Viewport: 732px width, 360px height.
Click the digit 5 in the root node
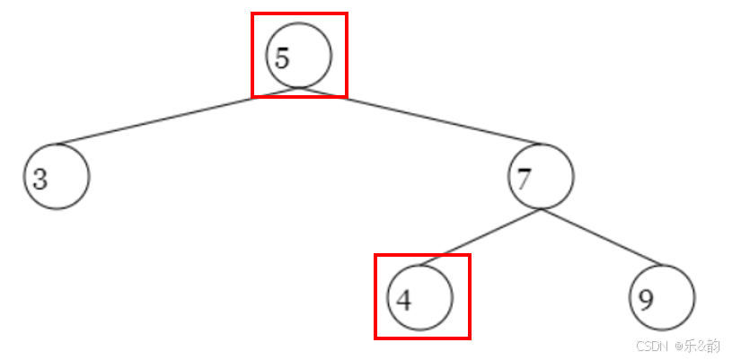(x=282, y=58)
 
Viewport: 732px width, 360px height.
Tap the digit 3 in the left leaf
(x=40, y=179)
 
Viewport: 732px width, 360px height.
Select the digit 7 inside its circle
(x=524, y=179)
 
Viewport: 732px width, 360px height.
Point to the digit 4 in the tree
(x=403, y=299)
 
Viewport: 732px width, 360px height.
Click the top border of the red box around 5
(x=298, y=13)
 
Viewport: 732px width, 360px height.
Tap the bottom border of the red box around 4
(x=422, y=338)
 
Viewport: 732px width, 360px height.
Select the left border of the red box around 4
(x=375, y=296)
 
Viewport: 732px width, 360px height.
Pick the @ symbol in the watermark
(x=680, y=346)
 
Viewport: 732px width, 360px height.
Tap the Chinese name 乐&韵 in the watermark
(x=702, y=346)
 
